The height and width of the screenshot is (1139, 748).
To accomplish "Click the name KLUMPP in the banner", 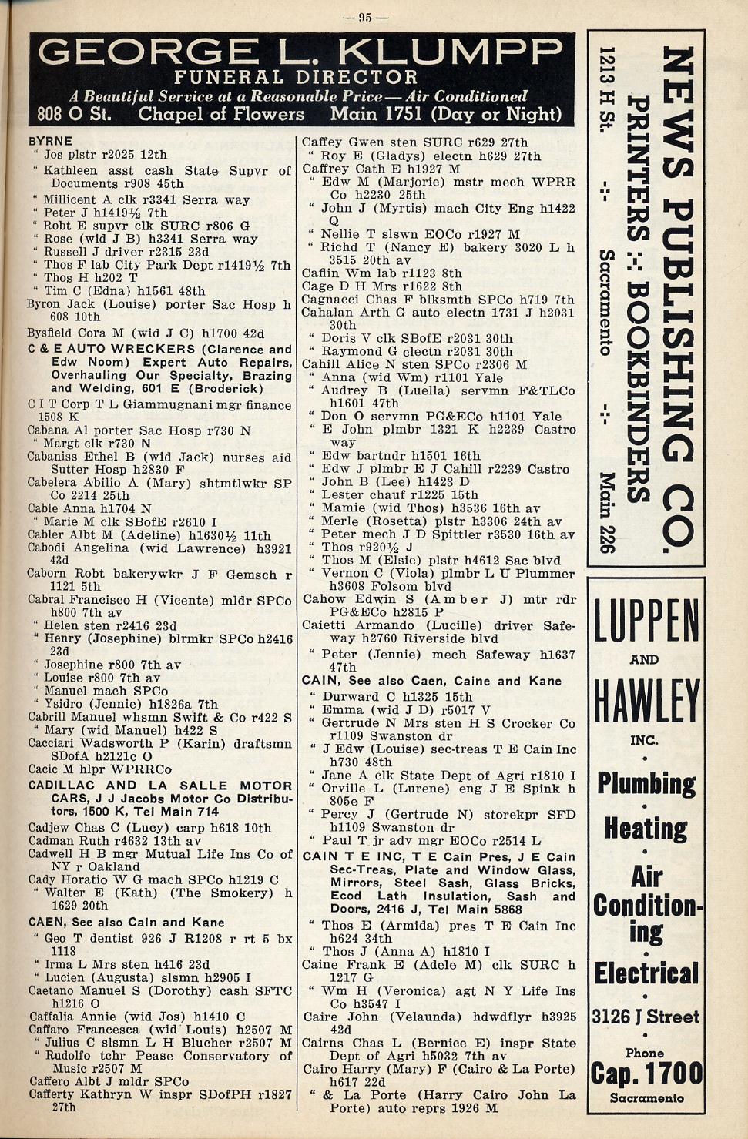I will click(452, 52).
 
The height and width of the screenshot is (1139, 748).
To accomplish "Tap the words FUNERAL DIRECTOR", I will click(295, 77).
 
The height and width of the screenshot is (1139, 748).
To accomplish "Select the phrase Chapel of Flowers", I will click(221, 114).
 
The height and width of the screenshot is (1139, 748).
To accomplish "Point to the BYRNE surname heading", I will click(50, 141).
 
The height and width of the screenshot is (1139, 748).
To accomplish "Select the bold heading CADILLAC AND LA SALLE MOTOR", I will click(160, 786).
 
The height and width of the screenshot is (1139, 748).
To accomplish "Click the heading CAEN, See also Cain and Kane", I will click(126, 922).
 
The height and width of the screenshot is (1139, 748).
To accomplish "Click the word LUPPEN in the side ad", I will click(646, 622).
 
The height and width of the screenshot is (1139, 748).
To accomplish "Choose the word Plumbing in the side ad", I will click(646, 784).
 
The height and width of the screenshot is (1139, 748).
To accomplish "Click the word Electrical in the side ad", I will click(646, 973).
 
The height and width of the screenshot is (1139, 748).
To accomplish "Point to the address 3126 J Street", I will click(646, 1017).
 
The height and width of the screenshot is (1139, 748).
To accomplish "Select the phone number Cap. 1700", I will click(646, 1073).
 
